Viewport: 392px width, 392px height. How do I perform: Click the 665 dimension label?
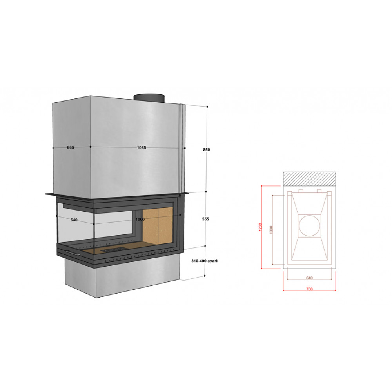(71, 147)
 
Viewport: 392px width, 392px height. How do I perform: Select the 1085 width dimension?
(141, 147)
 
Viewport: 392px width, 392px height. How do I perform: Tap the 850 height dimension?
(207, 149)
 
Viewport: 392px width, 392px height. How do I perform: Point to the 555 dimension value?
(205, 219)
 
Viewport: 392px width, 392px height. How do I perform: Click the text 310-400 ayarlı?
(205, 261)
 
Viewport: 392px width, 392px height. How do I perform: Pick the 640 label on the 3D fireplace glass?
(74, 220)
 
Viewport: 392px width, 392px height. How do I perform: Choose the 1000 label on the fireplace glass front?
(140, 219)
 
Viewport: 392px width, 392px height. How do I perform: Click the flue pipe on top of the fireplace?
(149, 98)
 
